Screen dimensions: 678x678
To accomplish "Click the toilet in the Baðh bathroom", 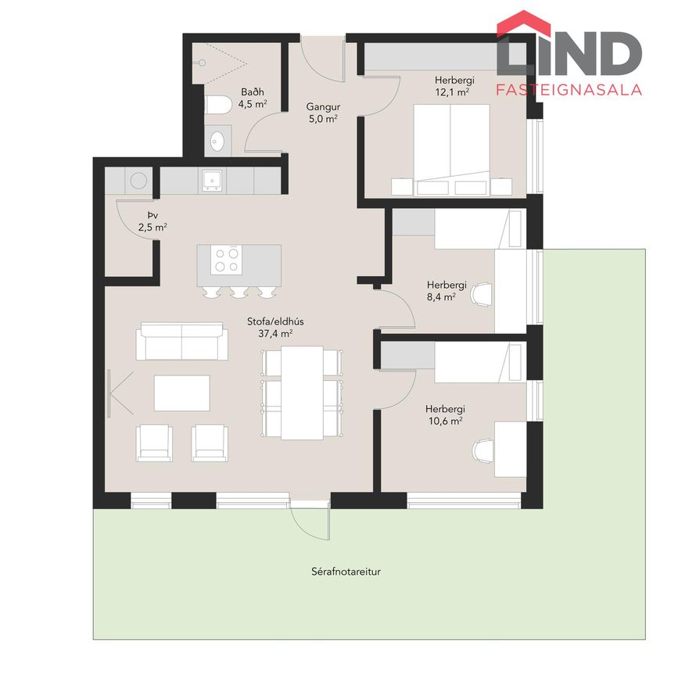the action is pos(218,105).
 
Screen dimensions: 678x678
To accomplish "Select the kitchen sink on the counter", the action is pos(212,181).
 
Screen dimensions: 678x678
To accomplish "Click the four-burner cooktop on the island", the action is pos(227,260).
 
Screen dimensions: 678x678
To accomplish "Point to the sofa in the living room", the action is pos(182,341).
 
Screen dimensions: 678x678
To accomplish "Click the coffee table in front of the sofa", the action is pos(182,393).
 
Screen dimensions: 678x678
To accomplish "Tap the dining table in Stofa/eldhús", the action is pos(303,393).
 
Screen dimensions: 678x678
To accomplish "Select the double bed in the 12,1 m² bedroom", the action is pos(451,149).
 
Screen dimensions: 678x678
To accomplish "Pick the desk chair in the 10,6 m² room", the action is pos(482,451).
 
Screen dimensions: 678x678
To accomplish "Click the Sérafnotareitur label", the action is pos(346,572).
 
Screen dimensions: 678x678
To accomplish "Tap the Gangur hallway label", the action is pos(323,107).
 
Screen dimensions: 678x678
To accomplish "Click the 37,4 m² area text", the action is pos(275,333).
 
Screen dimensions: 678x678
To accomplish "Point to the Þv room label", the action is pos(152,215).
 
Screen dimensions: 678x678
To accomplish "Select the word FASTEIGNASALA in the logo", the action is pos(569,89).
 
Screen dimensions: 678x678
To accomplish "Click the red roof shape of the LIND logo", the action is pos(524,23).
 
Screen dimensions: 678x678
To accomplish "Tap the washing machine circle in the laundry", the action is pos(138,181).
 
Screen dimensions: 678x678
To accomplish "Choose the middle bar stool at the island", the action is pos(239,292).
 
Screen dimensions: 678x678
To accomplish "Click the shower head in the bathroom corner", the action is pos(202,63).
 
